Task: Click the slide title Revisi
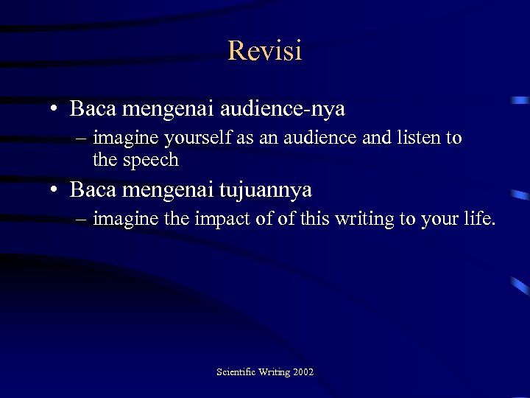pos(265,51)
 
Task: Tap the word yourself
pos(191,138)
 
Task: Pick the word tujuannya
pos(266,189)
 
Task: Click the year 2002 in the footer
pos(303,372)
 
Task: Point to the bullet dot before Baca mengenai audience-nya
pos(55,110)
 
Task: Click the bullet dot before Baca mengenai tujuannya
pos(55,190)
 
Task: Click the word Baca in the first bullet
pos(92,109)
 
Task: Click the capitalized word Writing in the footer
pos(274,372)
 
